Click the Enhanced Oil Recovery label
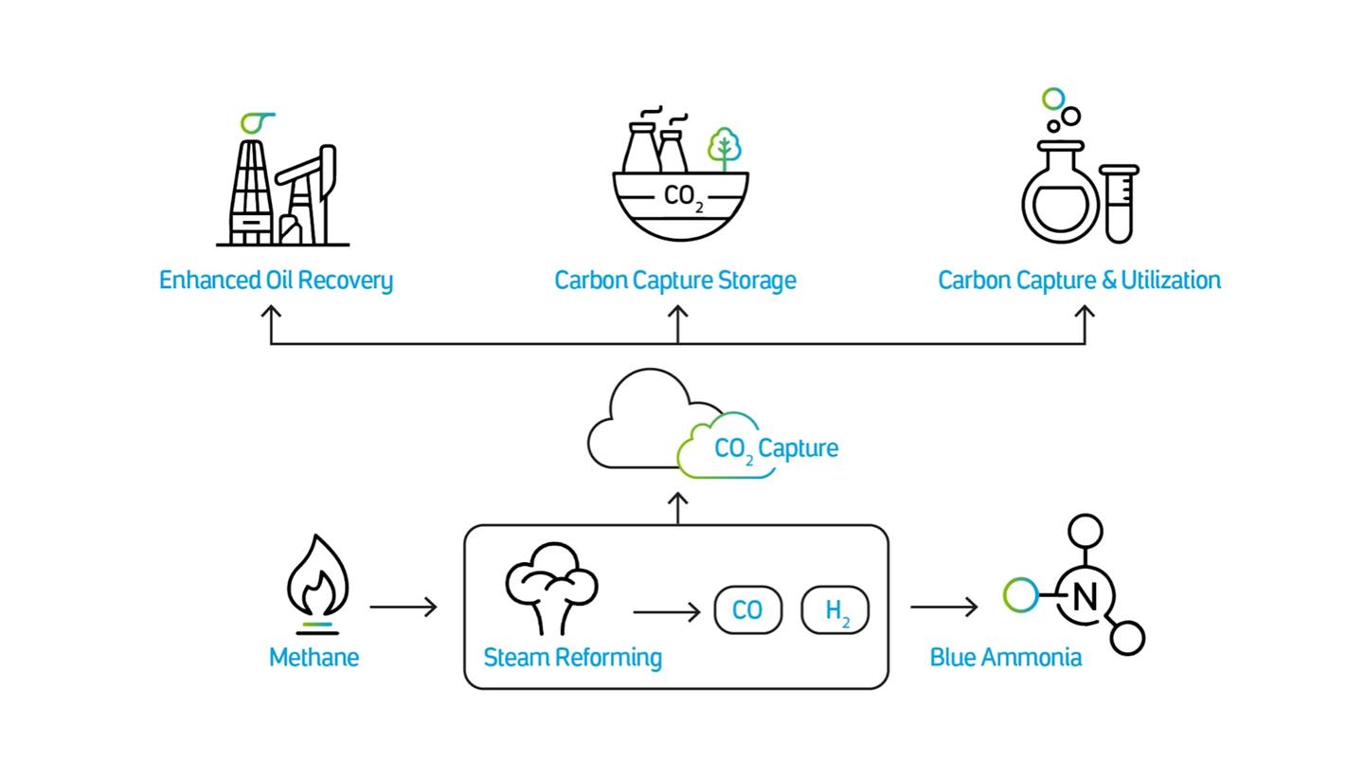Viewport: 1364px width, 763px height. pyautogui.click(x=276, y=281)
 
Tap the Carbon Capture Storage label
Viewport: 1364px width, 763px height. pyautogui.click(x=675, y=281)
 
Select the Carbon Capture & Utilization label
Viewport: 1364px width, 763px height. pyautogui.click(x=1079, y=281)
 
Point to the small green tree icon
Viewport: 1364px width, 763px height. pyautogui.click(x=725, y=148)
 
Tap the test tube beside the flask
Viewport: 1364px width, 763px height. pyautogui.click(x=1119, y=202)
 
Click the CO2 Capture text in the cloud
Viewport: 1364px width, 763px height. pyautogui.click(x=776, y=448)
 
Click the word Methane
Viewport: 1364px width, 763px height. pyautogui.click(x=314, y=658)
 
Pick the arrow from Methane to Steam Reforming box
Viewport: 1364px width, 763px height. pyautogui.click(x=404, y=607)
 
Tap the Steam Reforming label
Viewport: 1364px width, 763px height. pyautogui.click(x=572, y=658)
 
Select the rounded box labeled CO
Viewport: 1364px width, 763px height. pyautogui.click(x=747, y=610)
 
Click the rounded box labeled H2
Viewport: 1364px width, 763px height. pyautogui.click(x=835, y=610)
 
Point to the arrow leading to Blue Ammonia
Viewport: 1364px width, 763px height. pyautogui.click(x=944, y=607)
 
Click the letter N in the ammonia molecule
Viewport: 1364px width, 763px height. pyautogui.click(x=1086, y=597)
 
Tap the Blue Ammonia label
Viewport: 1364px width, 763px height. pyautogui.click(x=1005, y=658)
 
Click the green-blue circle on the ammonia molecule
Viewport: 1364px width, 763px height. pyautogui.click(x=1020, y=595)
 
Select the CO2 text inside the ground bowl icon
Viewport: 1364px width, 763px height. pyautogui.click(x=683, y=197)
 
